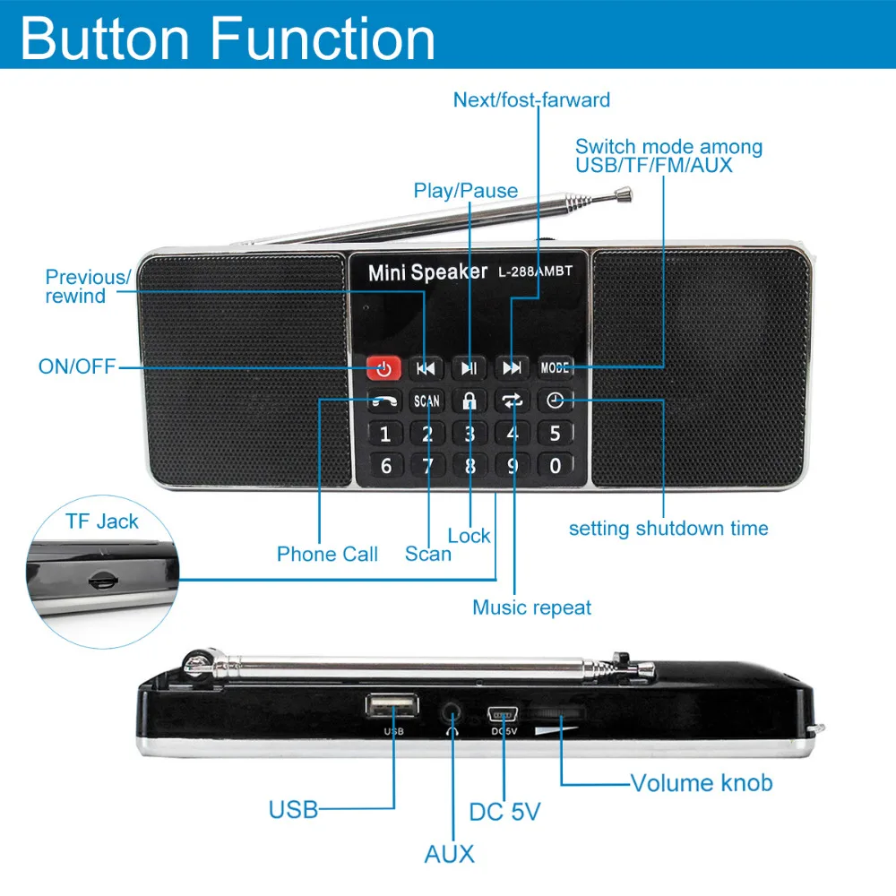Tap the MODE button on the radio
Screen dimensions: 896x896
coord(556,367)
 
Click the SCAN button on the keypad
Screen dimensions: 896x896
coord(427,401)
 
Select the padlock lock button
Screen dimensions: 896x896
coord(469,401)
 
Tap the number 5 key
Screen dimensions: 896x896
coord(556,434)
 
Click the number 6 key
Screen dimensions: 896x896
coord(385,466)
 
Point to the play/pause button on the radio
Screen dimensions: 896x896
coord(469,367)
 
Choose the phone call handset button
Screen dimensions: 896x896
coord(385,401)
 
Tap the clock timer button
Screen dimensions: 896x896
coord(556,401)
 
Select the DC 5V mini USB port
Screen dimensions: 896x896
coord(504,714)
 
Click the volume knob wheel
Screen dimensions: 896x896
coord(557,713)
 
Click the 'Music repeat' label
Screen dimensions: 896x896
coord(532,607)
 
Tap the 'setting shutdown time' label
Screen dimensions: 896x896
coord(668,529)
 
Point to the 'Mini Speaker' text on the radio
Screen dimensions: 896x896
coord(427,272)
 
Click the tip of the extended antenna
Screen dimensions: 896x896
coord(625,192)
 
